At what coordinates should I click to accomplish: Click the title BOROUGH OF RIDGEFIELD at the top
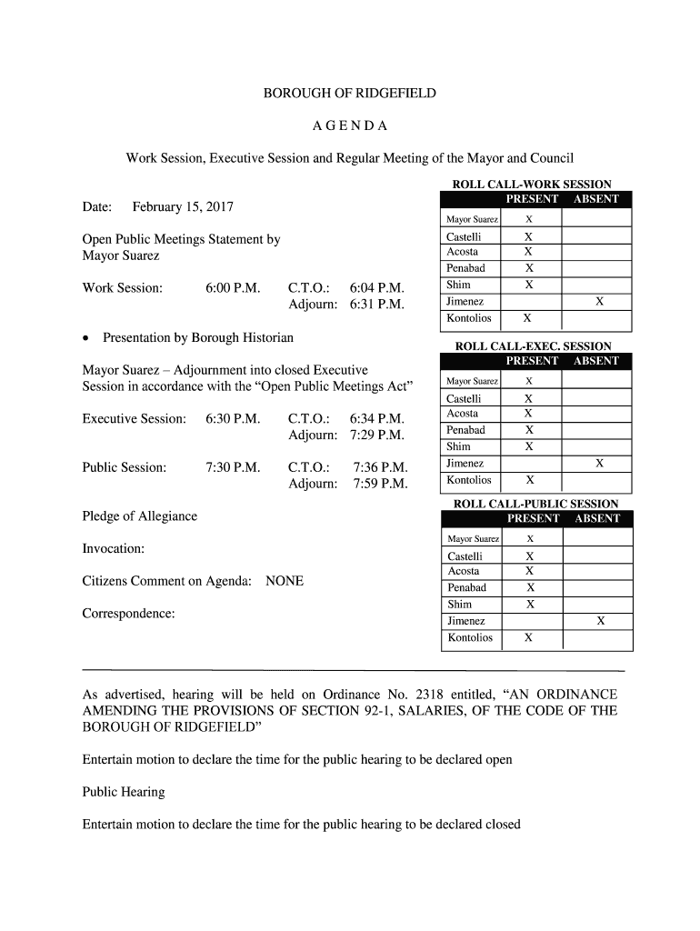point(350,94)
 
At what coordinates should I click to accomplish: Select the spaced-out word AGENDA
point(350,125)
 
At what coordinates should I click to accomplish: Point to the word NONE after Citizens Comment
point(285,581)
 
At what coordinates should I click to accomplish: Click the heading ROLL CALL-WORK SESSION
point(532,185)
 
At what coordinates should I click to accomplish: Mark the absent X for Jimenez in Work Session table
point(598,302)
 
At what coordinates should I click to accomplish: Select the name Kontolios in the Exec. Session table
point(469,480)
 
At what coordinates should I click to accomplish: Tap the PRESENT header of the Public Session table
point(533,518)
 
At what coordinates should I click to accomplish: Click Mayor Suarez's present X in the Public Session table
point(530,539)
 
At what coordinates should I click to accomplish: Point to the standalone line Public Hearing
point(124,792)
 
